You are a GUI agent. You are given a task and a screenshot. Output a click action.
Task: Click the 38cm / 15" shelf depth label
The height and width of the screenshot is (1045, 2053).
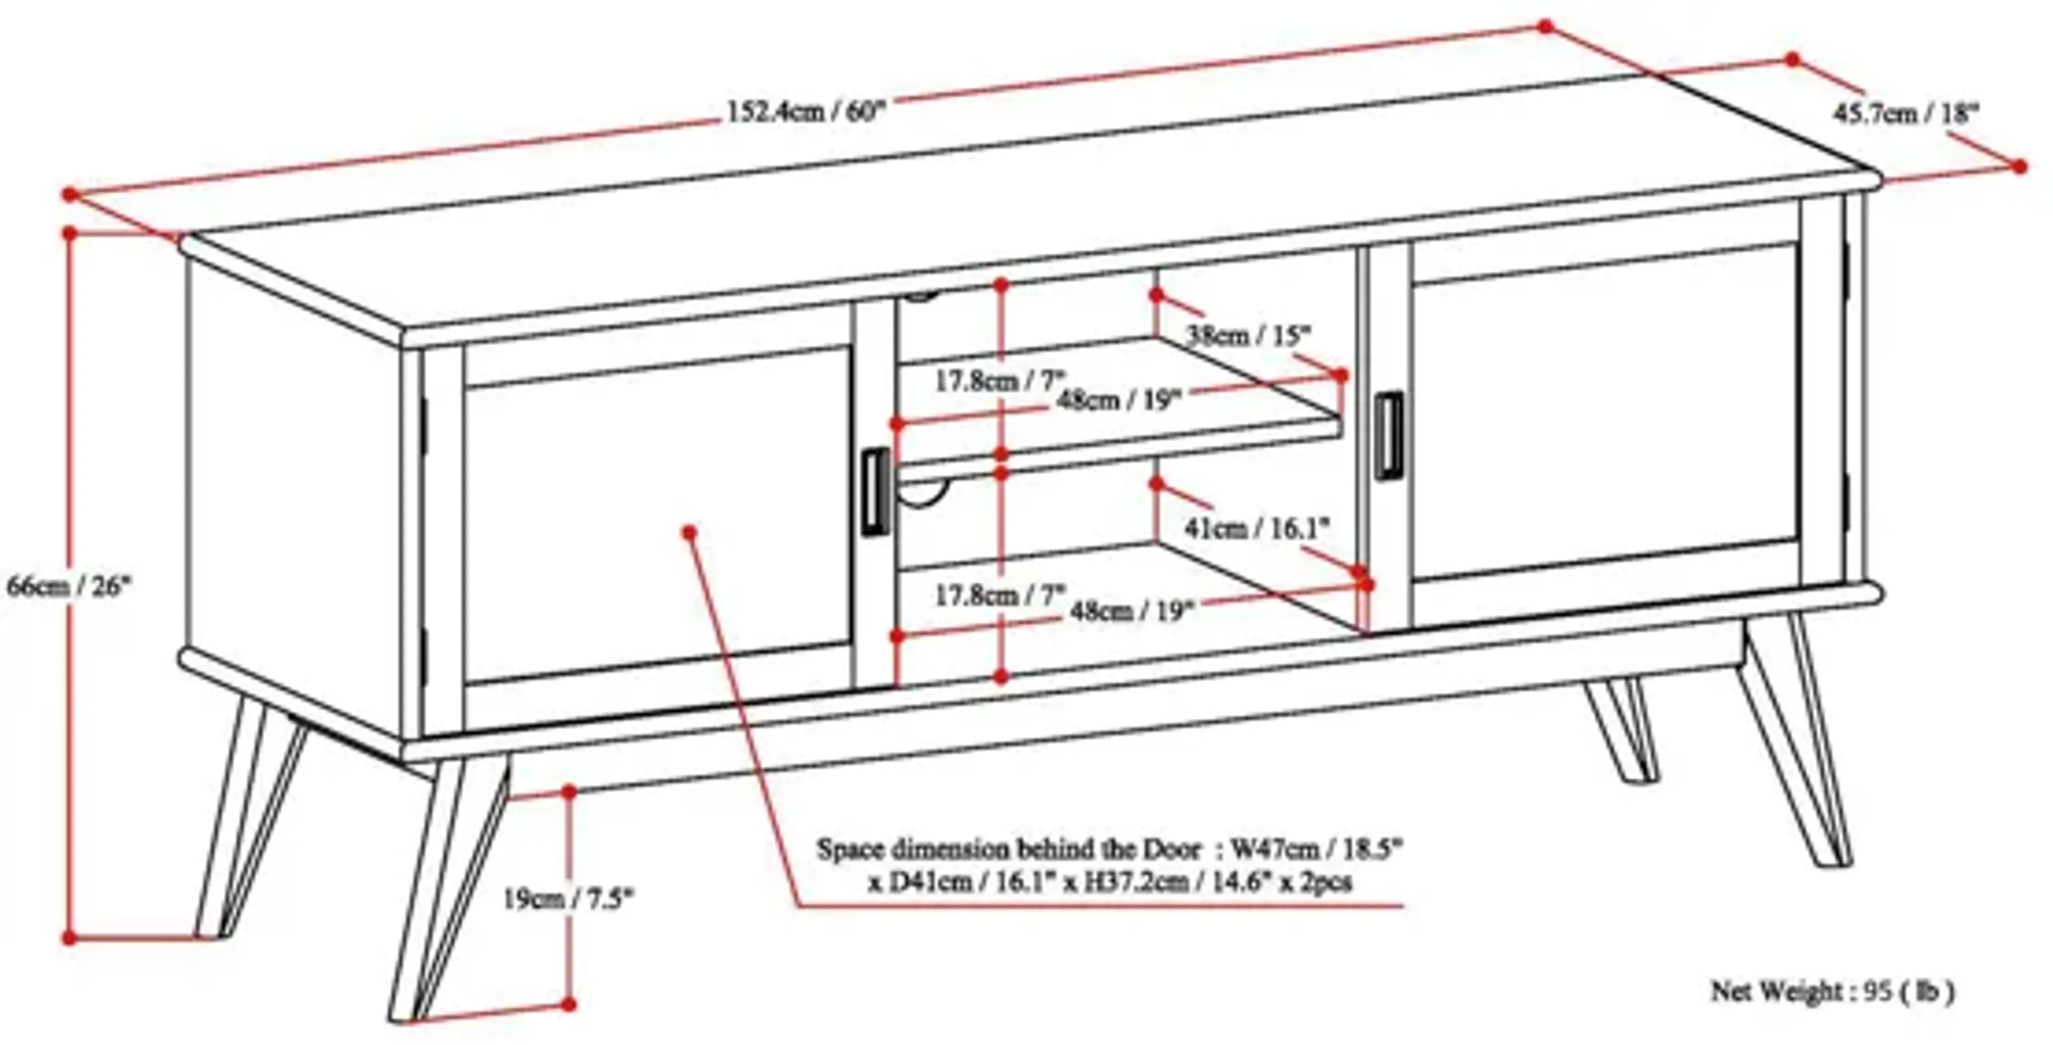tap(1248, 335)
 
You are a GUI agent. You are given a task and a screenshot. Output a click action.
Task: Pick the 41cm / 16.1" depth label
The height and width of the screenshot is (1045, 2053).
tap(1257, 528)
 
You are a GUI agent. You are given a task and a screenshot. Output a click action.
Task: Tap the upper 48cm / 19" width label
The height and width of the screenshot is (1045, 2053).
tap(1117, 399)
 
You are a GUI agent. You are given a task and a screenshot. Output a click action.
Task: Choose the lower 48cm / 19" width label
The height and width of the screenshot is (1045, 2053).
tap(1132, 611)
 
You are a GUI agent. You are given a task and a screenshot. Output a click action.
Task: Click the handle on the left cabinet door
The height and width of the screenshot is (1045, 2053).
tap(875, 491)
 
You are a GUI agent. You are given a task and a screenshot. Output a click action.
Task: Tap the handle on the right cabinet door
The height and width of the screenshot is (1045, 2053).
tap(1389, 436)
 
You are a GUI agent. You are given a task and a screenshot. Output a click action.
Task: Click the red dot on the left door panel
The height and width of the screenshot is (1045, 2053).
tap(689, 532)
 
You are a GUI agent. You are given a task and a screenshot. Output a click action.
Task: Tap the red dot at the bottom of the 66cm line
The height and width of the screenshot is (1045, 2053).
tap(70, 938)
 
